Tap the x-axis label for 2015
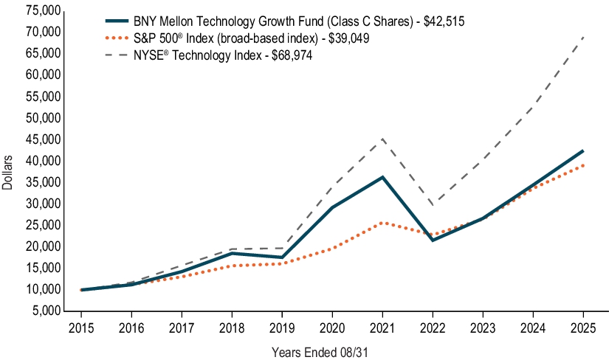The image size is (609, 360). pos(80,328)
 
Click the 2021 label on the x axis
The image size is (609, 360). pos(382,328)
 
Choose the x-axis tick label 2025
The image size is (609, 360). pos(583,328)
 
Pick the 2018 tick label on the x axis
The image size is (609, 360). pos(231,328)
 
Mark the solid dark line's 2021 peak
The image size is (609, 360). pos(382,177)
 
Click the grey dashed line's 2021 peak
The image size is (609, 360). pos(382,139)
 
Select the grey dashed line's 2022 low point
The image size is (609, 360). pos(433,204)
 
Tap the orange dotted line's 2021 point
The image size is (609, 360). pos(382,222)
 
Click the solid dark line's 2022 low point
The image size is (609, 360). pos(433,240)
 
